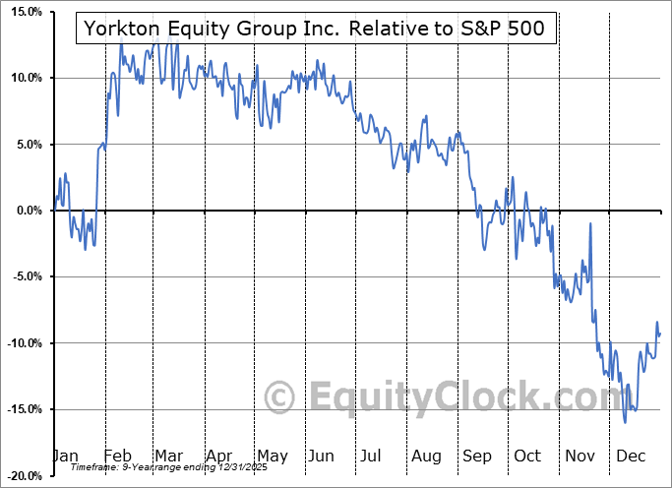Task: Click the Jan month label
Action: point(64,457)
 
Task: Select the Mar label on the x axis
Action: point(167,457)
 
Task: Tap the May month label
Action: point(272,457)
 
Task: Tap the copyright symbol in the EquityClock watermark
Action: point(281,396)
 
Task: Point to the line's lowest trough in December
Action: point(625,422)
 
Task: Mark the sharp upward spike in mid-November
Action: point(590,224)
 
